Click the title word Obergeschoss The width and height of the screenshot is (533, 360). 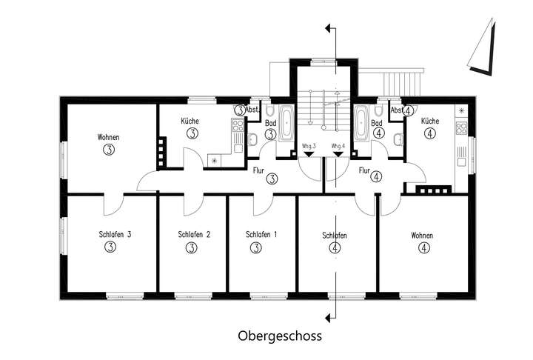279,336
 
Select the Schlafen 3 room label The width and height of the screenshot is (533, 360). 115,235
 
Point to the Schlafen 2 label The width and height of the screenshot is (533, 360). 195,235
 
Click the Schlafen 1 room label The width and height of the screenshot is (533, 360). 261,235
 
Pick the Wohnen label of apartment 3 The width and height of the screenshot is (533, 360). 108,137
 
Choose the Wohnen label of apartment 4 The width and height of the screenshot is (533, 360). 422,236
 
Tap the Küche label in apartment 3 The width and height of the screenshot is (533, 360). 191,121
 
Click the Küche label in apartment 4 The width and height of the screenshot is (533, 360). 430,121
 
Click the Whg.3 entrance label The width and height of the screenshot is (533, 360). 309,146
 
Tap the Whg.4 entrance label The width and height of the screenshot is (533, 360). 339,146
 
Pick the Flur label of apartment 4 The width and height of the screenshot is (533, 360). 363,171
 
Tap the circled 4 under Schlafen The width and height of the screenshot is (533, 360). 336,247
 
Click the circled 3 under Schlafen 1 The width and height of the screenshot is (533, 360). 255,247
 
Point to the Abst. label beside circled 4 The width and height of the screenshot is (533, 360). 397,110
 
